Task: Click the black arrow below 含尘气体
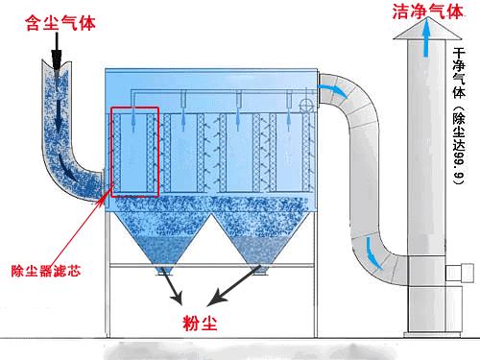pos(56,51)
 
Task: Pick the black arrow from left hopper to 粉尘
pos(172,285)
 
